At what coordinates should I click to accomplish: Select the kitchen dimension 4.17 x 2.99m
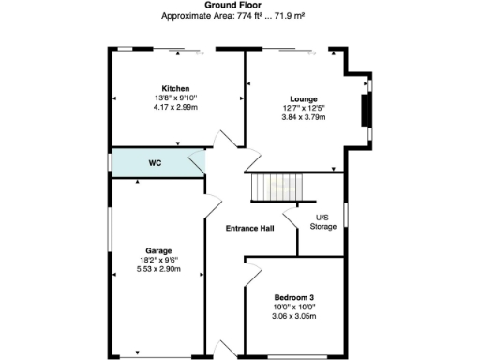pyautogui.click(x=174, y=106)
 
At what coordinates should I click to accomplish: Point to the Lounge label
pyautogui.click(x=303, y=99)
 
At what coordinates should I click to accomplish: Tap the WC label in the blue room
pyautogui.click(x=156, y=163)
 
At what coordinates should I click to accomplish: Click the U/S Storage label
pyautogui.click(x=323, y=222)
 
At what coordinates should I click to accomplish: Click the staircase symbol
pyautogui.click(x=275, y=187)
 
